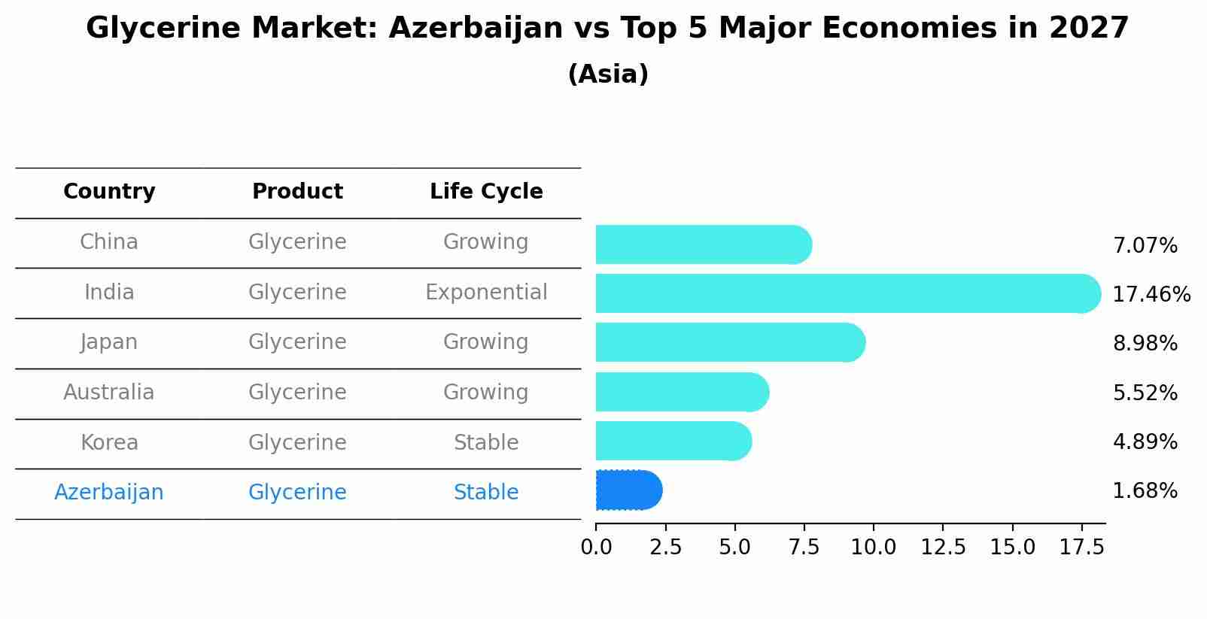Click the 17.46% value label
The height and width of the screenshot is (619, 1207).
click(1151, 294)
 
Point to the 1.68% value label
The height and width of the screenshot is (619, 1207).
click(1145, 491)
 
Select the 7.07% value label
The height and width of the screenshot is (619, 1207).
click(1145, 246)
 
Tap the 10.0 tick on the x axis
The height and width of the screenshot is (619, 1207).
click(873, 548)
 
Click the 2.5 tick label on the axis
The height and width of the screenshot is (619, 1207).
click(665, 548)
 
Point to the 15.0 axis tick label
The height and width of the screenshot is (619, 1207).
click(1012, 548)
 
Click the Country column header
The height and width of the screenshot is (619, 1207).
click(109, 192)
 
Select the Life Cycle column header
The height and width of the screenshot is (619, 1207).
click(486, 192)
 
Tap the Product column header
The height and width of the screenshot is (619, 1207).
click(297, 192)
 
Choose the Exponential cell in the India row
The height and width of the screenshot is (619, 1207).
click(486, 293)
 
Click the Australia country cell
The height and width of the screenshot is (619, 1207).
click(109, 393)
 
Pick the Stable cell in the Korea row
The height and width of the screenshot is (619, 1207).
click(486, 443)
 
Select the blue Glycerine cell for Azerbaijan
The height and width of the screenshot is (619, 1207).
click(297, 493)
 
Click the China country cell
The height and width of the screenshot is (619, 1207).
click(109, 242)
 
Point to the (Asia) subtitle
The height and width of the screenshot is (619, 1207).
click(608, 74)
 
